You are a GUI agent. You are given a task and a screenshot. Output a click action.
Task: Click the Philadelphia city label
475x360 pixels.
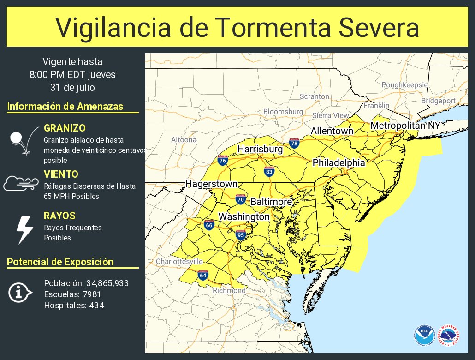coord(338,163)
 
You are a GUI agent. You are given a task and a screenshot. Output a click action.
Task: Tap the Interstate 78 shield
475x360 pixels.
coord(294,143)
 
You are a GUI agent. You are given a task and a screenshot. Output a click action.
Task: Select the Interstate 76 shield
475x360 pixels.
coord(223,161)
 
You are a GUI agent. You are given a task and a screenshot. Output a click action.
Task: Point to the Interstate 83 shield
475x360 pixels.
coord(270,172)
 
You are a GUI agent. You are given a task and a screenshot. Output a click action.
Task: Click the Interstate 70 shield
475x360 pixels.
coord(240,199)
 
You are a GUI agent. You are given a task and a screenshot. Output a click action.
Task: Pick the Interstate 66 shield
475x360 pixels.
coord(209,225)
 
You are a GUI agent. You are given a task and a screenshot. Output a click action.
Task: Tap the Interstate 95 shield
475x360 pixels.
coord(241,235)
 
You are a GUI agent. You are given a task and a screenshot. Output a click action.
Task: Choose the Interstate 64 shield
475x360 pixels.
coord(202,276)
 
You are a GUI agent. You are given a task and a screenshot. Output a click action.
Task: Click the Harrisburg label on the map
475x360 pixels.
coord(260,149)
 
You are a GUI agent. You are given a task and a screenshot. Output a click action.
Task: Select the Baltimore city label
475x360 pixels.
coord(271,202)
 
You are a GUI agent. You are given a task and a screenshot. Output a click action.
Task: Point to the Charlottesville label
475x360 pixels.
coord(179,261)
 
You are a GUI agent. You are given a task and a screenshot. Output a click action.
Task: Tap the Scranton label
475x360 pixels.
coord(315,96)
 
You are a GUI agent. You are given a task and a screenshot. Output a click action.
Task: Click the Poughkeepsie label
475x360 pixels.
coord(404,85)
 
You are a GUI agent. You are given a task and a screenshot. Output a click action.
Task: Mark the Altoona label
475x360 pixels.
coord(184,139)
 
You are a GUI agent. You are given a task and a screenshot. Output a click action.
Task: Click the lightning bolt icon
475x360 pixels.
coord(24,229)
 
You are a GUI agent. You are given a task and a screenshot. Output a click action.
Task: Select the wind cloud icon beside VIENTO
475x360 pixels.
coord(21,183)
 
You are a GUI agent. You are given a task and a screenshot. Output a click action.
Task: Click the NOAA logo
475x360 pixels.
coord(424,335)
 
